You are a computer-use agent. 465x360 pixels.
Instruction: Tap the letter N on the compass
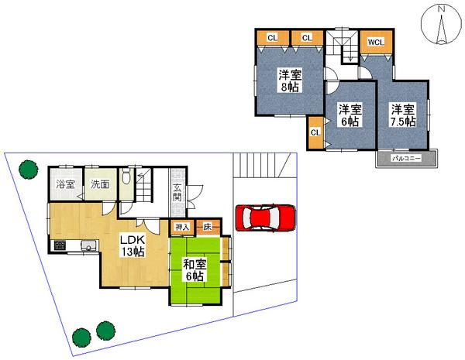(x=441, y=9)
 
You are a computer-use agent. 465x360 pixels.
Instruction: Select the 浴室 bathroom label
(x=65, y=184)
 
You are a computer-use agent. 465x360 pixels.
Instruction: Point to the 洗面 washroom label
(x=99, y=184)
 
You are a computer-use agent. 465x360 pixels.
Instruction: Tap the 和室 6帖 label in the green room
(x=194, y=269)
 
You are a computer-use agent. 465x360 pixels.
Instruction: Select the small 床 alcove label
(x=208, y=227)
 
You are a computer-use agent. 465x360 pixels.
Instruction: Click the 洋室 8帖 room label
(x=290, y=81)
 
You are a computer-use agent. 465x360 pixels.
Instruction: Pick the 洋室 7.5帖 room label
(x=403, y=115)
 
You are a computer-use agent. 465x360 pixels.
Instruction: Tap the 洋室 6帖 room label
(x=350, y=115)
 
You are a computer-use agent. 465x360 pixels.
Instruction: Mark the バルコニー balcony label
(x=405, y=157)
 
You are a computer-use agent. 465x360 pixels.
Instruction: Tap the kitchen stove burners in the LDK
(x=59, y=247)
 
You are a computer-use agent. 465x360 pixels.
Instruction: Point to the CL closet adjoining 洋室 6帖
(x=315, y=132)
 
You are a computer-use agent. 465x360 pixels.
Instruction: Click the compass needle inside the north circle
(x=441, y=29)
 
